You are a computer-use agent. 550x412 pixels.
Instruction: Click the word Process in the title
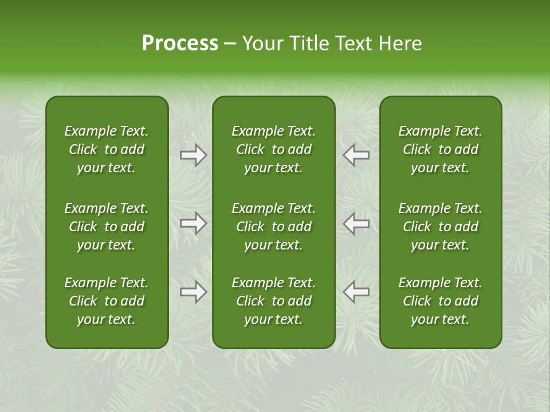pyautogui.click(x=180, y=43)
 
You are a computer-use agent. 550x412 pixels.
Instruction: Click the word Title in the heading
pyautogui.click(x=308, y=43)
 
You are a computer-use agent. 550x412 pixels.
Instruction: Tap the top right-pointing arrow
pyautogui.click(x=193, y=155)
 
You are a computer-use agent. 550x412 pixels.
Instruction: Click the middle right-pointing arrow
pyautogui.click(x=193, y=223)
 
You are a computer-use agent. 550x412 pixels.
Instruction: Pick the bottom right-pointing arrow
pyautogui.click(x=193, y=292)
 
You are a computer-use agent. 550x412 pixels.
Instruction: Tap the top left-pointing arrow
pyautogui.click(x=356, y=155)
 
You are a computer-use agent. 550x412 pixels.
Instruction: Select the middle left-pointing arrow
pyautogui.click(x=356, y=223)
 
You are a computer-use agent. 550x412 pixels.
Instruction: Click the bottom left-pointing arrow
pyautogui.click(x=356, y=292)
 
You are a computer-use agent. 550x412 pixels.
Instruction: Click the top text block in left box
pyautogui.click(x=107, y=149)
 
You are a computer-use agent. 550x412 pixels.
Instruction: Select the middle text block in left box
pyautogui.click(x=107, y=227)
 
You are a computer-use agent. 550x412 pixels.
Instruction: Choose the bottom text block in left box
pyautogui.click(x=107, y=301)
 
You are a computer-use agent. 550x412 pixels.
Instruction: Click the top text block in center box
pyautogui.click(x=274, y=149)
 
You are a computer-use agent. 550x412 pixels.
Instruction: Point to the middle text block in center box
pyautogui.click(x=274, y=227)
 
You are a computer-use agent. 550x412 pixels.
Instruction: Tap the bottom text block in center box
pyautogui.click(x=274, y=301)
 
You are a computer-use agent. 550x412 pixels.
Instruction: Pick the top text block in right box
pyautogui.click(x=441, y=149)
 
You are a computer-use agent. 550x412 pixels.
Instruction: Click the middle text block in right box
pyautogui.click(x=441, y=227)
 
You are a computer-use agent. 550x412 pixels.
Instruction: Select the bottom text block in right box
pyautogui.click(x=441, y=301)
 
